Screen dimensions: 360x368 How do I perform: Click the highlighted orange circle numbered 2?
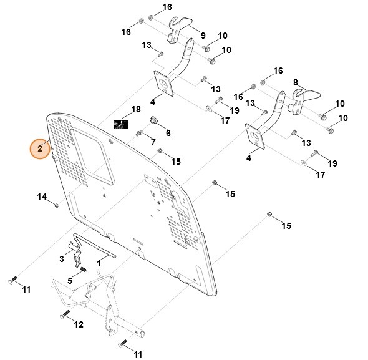tap(40, 148)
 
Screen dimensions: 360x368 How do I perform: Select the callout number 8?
tap(296, 82)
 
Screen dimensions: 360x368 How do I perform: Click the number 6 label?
tap(168, 133)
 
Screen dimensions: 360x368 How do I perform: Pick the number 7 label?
tap(153, 143)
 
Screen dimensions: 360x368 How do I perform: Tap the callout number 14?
tap(42, 197)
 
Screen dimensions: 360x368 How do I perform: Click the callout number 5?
tap(70, 280)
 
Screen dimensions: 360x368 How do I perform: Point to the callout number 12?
tap(79, 324)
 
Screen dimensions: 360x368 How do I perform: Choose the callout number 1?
tap(99, 265)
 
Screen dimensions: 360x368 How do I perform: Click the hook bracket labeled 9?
tap(181, 27)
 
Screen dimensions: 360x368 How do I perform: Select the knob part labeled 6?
tap(152, 121)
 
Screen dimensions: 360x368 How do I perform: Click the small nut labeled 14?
tap(57, 204)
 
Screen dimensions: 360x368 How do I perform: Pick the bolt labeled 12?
tap(64, 315)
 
